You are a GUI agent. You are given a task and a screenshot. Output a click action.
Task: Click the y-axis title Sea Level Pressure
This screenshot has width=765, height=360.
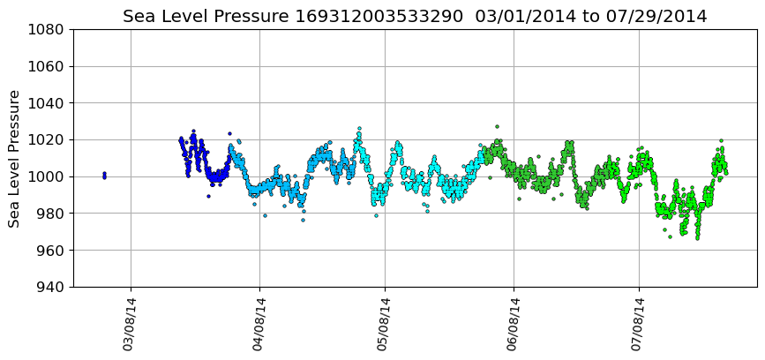15,158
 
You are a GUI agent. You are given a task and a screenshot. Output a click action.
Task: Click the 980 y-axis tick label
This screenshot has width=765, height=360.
49,214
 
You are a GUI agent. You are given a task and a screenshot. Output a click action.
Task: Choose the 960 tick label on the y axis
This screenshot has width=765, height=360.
49,251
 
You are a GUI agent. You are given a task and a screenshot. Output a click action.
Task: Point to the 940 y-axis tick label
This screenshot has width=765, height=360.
49,287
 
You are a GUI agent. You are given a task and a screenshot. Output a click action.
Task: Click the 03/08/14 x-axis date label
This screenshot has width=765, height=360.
130,325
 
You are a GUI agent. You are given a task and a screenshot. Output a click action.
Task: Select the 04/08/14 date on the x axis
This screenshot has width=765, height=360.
259,325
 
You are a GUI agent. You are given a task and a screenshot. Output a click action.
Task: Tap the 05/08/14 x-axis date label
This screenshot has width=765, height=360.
384,325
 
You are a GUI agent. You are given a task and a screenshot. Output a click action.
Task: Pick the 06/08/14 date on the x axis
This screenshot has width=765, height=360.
514,325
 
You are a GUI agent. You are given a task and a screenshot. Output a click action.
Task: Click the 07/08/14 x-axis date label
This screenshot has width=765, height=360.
638,325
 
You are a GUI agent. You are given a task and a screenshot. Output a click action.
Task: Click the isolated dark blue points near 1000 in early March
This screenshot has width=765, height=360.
104,176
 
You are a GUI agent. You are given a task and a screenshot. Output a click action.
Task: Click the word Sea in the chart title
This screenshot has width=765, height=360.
138,17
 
